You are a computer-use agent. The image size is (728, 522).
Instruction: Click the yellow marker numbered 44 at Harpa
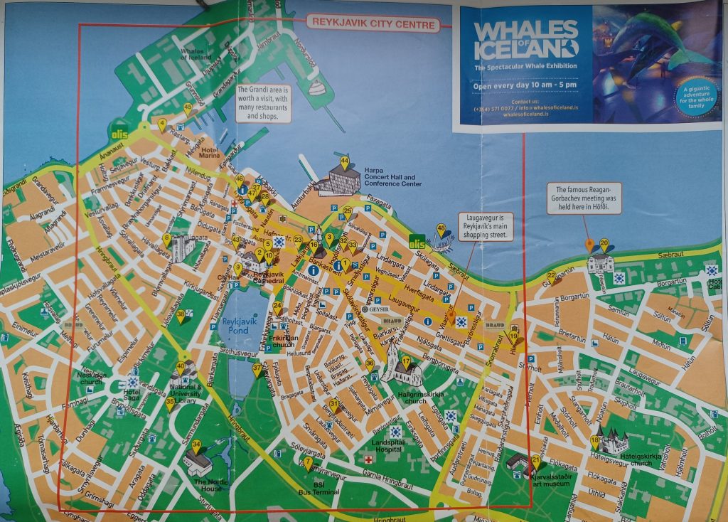tap(344, 162)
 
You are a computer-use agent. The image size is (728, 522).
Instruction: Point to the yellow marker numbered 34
tap(196, 445)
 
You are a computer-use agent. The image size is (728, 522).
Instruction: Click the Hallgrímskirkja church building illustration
tap(402, 373)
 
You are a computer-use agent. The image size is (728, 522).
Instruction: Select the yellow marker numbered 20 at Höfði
tap(604, 244)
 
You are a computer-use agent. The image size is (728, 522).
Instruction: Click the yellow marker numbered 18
tap(595, 441)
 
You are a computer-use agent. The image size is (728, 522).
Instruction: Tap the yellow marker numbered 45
tap(188, 109)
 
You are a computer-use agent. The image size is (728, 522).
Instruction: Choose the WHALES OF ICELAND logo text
tap(525, 39)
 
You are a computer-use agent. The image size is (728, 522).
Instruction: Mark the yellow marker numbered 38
tap(181, 314)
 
